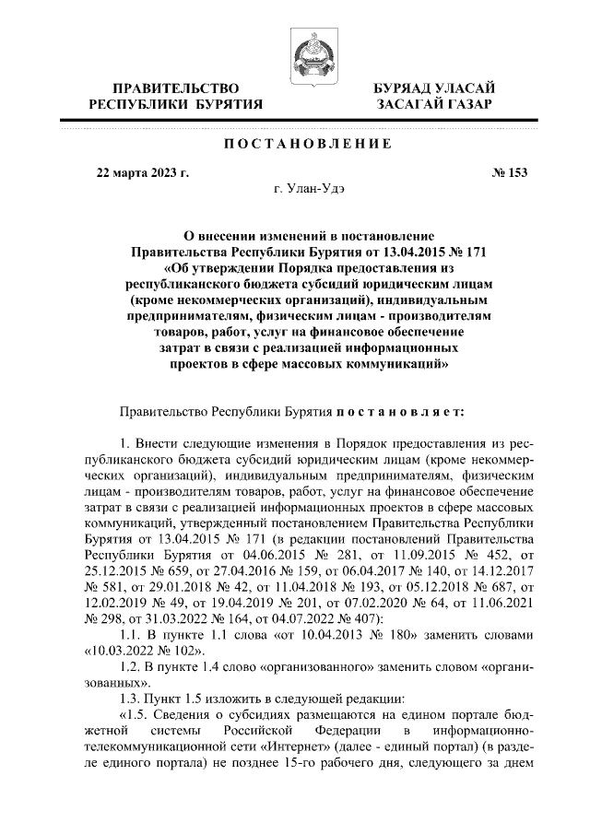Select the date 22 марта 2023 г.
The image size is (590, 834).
point(142,172)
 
